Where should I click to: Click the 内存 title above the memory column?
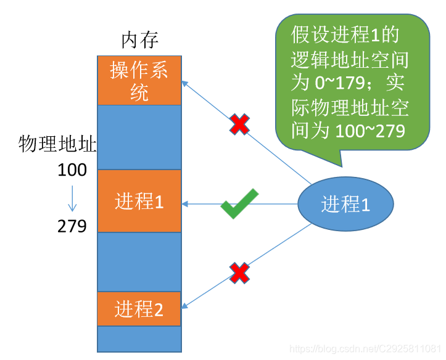[139, 41]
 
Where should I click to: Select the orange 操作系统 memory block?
[139, 81]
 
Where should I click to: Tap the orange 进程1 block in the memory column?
[139, 201]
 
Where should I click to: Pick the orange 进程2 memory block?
[139, 309]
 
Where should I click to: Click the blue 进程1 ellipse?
[345, 204]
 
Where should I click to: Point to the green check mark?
[239, 204]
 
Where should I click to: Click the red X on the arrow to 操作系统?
[239, 125]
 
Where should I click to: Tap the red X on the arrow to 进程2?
[239, 272]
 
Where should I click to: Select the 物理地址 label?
[57, 145]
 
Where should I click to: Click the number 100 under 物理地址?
[72, 170]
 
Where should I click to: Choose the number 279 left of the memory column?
[72, 226]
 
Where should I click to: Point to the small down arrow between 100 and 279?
[72, 198]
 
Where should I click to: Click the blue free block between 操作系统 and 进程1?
[139, 137]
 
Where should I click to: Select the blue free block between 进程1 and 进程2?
[139, 261]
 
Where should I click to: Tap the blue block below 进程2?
[139, 338]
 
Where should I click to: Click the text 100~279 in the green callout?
[370, 131]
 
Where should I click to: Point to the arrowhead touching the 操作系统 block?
[185, 81]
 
